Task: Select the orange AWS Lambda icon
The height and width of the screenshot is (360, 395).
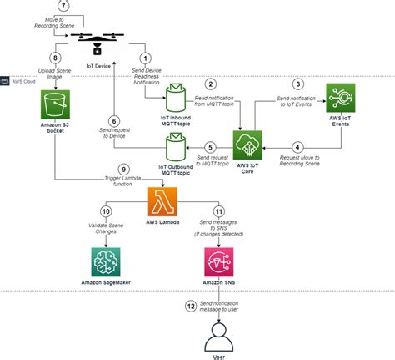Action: [x=162, y=202]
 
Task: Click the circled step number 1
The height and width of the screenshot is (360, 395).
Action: [x=147, y=58]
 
